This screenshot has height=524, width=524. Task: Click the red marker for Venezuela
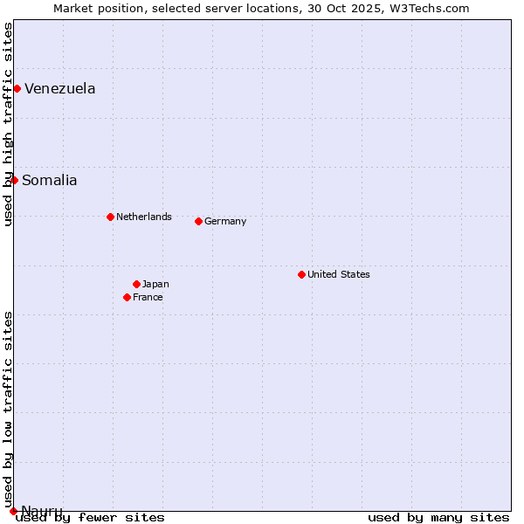coord(17,88)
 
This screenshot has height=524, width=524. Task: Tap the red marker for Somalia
coord(14,180)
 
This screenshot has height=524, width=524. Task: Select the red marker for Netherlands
coord(110,217)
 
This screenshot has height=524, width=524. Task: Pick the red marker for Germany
coord(198,221)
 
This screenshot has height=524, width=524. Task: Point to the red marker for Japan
coord(136,284)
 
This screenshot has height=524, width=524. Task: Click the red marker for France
coord(127,297)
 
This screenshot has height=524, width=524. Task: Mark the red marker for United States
coord(301,274)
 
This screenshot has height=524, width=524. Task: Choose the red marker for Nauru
coord(13,511)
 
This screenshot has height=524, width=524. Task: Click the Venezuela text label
coord(60,88)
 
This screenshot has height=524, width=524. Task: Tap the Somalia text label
coord(50,180)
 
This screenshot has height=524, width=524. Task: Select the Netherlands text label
coord(144,217)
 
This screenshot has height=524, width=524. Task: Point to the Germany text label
coord(225,221)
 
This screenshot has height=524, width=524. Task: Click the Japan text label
coord(155,284)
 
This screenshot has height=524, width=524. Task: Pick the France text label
coord(148,297)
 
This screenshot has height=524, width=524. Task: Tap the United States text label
coord(339,274)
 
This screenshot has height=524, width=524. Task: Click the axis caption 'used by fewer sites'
coord(90,517)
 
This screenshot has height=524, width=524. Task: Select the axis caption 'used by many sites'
coord(438,517)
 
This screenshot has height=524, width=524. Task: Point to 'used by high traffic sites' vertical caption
coord(8,124)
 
